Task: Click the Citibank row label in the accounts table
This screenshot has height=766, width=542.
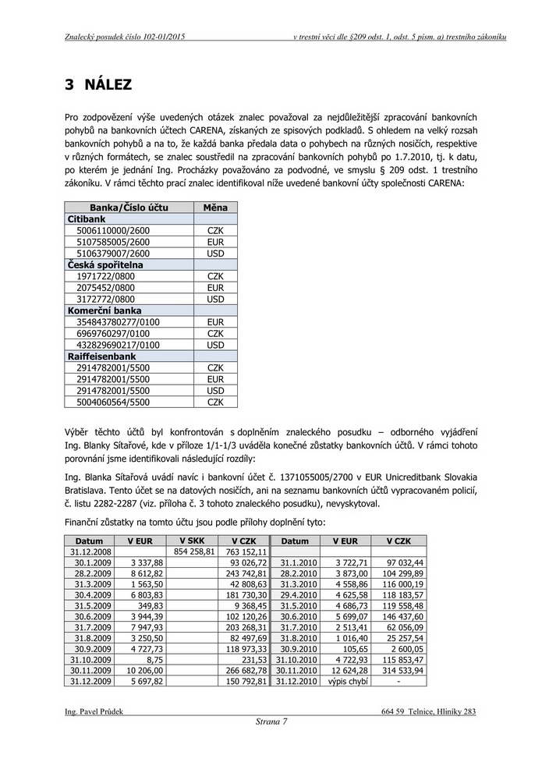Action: pos(86,220)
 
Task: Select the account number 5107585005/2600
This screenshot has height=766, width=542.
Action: pos(113,243)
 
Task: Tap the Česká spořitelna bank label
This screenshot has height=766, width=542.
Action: pos(105,265)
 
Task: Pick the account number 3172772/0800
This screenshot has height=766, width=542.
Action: pos(105,300)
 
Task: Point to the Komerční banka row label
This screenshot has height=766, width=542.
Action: pos(104,310)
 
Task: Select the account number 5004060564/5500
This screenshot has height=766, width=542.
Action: pos(113,403)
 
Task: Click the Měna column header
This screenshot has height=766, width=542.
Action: pos(215,208)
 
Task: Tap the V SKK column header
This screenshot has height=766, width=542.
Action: pos(192,541)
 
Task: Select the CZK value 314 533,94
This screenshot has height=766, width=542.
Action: pos(399,670)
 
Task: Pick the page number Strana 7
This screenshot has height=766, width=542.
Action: pos(271,722)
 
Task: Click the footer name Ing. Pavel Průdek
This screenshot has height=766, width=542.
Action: pos(94,711)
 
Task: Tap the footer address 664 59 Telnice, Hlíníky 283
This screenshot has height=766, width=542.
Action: pos(429,711)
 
